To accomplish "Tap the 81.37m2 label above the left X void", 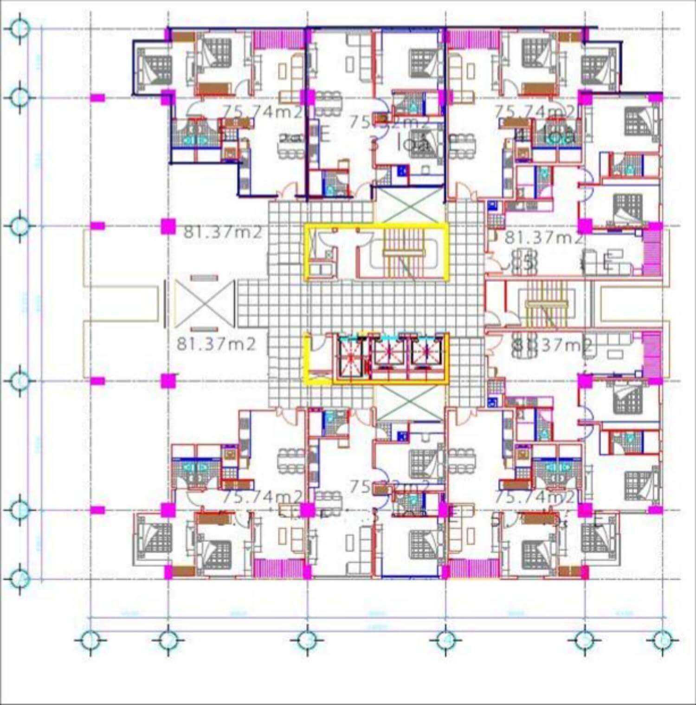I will tap(223, 232).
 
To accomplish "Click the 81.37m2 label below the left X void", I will tap(216, 344).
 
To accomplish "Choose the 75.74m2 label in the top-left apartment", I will tap(263, 112).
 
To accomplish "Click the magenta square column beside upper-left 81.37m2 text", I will tap(168, 226).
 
